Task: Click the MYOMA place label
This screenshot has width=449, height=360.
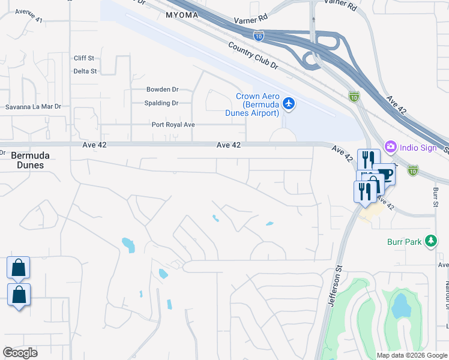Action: click(x=182, y=16)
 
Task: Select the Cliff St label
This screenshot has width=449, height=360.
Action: click(x=84, y=58)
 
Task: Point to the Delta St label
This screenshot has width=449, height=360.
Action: click(x=85, y=71)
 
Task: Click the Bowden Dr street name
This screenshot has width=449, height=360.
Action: click(x=163, y=89)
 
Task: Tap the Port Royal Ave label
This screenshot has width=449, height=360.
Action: click(x=173, y=125)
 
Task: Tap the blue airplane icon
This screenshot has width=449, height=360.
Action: click(x=289, y=104)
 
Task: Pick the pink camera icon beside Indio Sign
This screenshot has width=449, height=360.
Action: click(x=391, y=146)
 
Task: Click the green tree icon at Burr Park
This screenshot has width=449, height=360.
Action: click(x=430, y=241)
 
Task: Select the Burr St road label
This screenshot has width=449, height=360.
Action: click(x=435, y=197)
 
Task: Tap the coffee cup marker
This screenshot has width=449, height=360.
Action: click(x=384, y=174)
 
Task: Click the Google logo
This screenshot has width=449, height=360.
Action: click(x=20, y=353)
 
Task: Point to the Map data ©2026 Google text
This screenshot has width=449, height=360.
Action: click(x=411, y=355)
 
